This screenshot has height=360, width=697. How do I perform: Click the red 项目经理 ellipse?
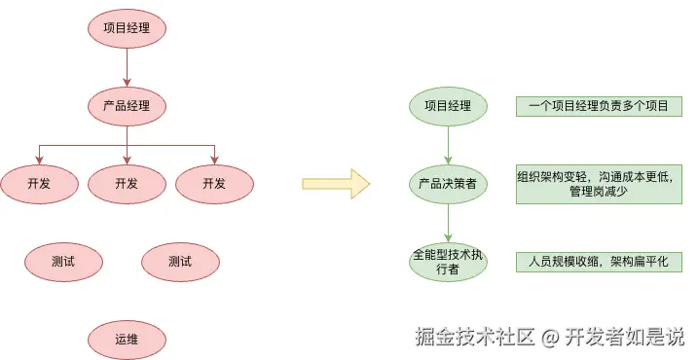[127, 28]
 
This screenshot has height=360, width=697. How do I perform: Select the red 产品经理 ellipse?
[127, 105]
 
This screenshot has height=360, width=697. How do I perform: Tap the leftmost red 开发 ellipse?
[39, 183]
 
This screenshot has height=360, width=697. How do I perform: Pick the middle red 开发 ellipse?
[127, 183]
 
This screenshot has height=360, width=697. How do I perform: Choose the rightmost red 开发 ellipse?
[214, 183]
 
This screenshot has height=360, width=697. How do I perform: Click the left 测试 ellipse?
[63, 261]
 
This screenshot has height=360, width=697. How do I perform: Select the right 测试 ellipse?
[180, 261]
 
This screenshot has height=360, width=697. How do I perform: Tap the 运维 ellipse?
[127, 339]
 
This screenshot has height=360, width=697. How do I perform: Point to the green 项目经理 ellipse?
[448, 105]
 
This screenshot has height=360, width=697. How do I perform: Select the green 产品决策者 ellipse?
[448, 183]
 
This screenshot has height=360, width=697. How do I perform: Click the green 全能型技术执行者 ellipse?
[448, 261]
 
